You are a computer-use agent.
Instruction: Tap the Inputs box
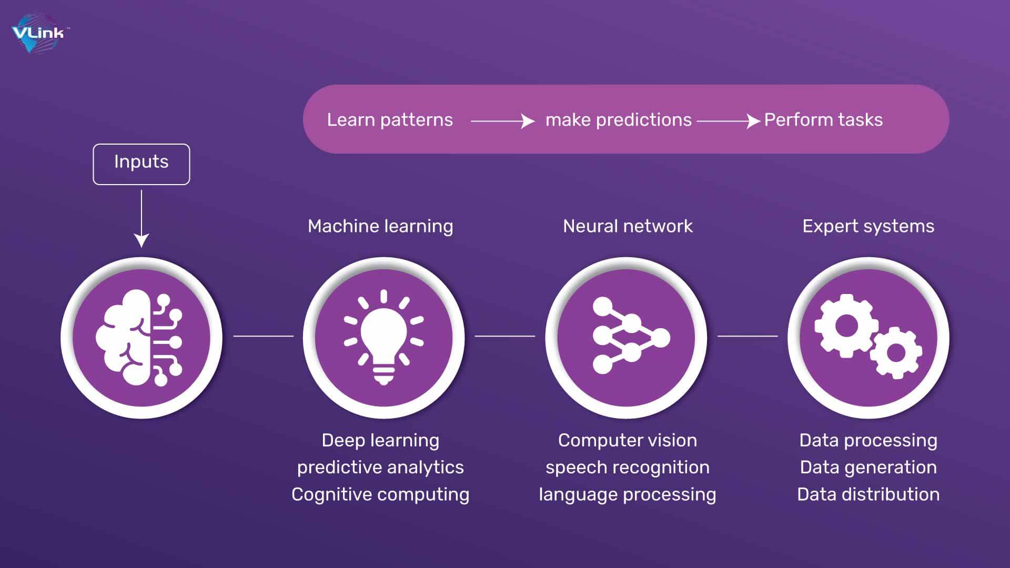pos(142,164)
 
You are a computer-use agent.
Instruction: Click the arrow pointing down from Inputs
pos(142,219)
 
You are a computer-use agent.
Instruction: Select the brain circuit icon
pos(139,338)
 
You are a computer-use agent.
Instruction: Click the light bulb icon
pos(383,337)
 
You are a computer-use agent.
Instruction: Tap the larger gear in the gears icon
pos(846,326)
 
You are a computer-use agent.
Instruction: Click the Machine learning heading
pos(380,226)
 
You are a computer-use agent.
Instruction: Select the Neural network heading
pos(628,226)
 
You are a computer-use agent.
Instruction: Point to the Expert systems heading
pos(868,226)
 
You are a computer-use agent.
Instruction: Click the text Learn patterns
pos(390,120)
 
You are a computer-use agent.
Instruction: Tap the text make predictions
pos(619,120)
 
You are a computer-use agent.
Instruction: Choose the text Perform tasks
pos(823,120)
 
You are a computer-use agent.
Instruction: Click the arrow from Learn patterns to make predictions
pos(503,121)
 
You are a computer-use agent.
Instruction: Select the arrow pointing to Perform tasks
pos(729,121)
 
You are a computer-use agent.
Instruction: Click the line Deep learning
pos(380,440)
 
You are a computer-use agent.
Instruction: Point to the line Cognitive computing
pos(380,494)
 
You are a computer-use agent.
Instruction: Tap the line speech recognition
pos(628,468)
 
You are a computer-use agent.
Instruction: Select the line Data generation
pos(868,468)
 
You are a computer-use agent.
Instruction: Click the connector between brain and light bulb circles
pos(264,336)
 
